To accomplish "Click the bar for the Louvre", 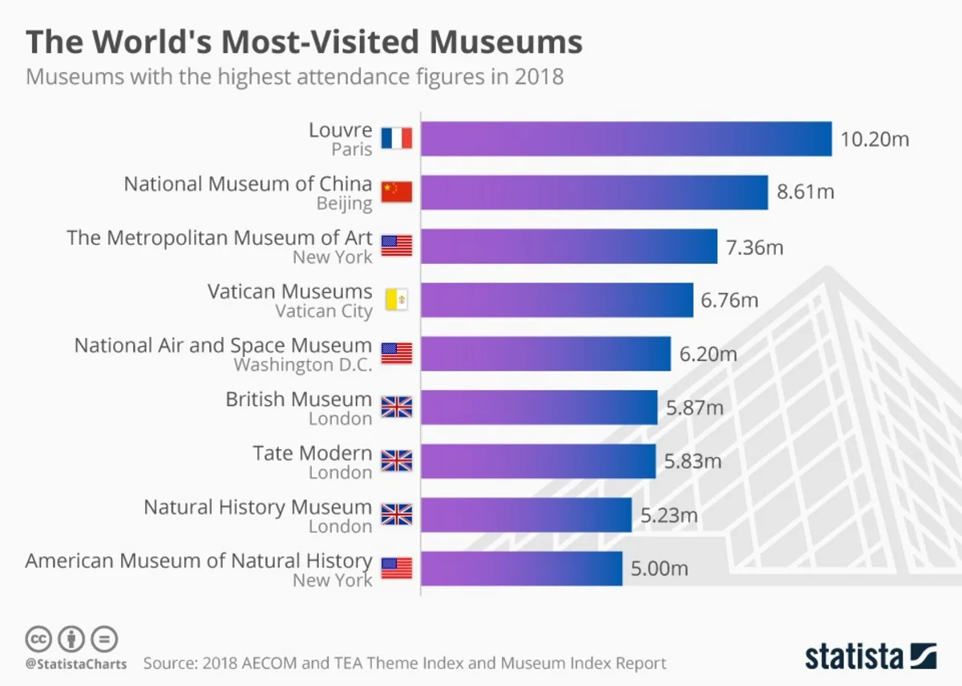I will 626,139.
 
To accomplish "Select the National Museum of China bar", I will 594,193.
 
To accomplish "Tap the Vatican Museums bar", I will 556,300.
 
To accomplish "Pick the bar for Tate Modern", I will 538,461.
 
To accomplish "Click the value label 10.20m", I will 875,139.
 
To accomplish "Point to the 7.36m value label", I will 754,247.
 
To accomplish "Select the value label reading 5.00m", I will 659,569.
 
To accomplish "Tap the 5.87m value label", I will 694,408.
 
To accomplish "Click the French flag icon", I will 396,139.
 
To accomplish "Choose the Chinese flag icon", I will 396,193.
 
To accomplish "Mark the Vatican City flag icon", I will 396,300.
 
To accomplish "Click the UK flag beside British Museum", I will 396,408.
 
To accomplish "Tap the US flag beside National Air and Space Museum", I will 396,354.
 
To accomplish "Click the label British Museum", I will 298,399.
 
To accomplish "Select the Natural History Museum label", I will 257,507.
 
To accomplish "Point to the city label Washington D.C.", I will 302,365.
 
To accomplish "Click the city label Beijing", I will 344,204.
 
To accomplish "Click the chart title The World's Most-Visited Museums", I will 305,42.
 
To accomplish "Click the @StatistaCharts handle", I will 75,664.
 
